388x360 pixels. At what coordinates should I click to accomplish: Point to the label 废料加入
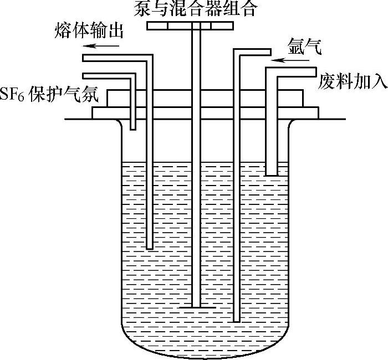tap(352, 81)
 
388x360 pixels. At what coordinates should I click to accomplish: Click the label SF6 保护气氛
tap(49, 96)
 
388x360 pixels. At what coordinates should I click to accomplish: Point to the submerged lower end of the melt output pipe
tap(148, 247)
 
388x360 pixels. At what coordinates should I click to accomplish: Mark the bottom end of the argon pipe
tap(237, 319)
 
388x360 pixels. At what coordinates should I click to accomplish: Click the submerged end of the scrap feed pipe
tap(271, 174)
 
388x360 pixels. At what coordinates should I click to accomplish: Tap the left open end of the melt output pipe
tap(84, 57)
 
